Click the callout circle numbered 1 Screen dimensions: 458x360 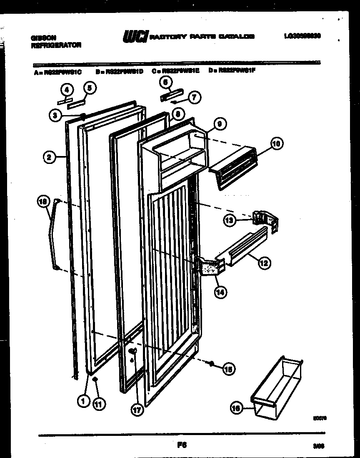pos(84,401)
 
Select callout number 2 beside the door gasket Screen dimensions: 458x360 pos(49,157)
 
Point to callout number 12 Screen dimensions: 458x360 pos(264,263)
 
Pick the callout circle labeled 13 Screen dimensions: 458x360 pos(230,220)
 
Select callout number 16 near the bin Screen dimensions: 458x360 pos(236,410)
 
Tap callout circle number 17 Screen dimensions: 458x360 pos(137,410)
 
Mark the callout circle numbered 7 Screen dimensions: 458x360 pos(194,98)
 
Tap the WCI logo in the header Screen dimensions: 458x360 pos(134,37)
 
